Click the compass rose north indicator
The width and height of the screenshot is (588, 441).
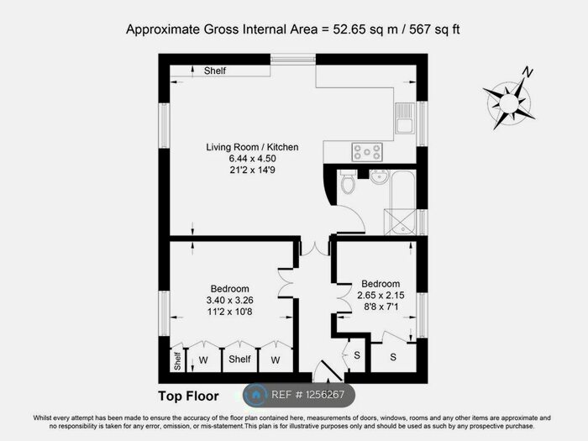(527, 73)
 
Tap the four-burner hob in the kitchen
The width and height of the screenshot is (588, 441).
(367, 152)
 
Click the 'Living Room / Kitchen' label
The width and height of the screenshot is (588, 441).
(252, 148)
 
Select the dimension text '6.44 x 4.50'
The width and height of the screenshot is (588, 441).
(252, 159)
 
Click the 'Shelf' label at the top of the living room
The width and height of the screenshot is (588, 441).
(214, 71)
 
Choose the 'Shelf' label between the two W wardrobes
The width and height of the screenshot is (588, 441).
(239, 360)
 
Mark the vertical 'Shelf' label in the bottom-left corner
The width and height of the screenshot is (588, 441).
(177, 360)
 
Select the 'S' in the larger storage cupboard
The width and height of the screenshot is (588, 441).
(393, 357)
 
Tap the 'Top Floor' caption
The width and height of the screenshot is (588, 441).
(188, 396)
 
